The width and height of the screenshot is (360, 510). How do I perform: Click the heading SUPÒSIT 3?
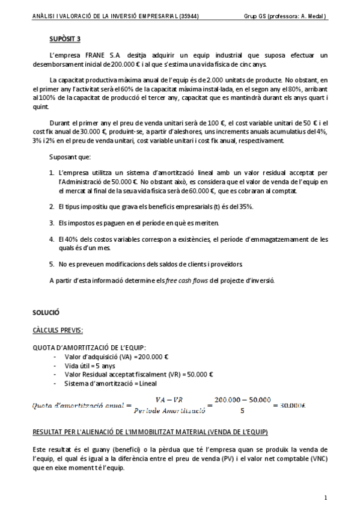pyautogui.click(x=65, y=39)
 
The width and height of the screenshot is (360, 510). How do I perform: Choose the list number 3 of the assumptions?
pyautogui.click(x=52, y=223)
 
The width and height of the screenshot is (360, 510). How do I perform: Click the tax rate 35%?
pyautogui.click(x=245, y=207)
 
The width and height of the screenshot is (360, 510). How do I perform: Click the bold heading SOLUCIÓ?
pyautogui.click(x=46, y=312)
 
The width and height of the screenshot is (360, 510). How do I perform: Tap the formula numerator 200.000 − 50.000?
pyautogui.click(x=242, y=399)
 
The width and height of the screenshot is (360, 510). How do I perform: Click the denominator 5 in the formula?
pyautogui.click(x=242, y=412)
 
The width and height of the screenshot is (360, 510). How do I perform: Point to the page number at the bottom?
pyautogui.click(x=325, y=497)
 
